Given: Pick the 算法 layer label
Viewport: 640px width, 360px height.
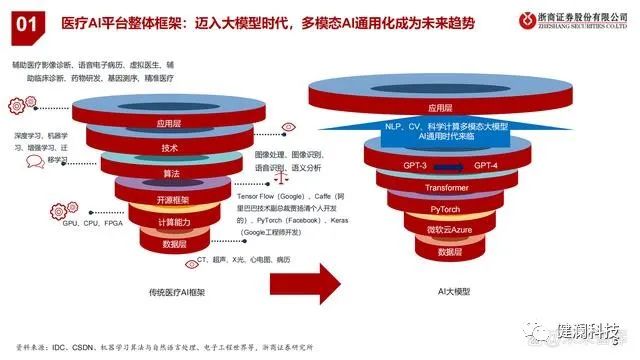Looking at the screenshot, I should tap(170, 174).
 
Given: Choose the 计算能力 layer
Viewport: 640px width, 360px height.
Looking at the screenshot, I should tap(170, 222).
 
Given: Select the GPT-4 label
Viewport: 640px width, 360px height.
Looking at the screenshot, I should tap(486, 165).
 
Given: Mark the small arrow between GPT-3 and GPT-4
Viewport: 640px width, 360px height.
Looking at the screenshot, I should tap(449, 165).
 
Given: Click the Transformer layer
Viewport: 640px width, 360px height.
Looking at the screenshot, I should tap(445, 188).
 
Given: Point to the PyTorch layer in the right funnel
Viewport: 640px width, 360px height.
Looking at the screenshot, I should tap(445, 210).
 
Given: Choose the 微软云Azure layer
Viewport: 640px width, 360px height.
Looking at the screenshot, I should tap(445, 231).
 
